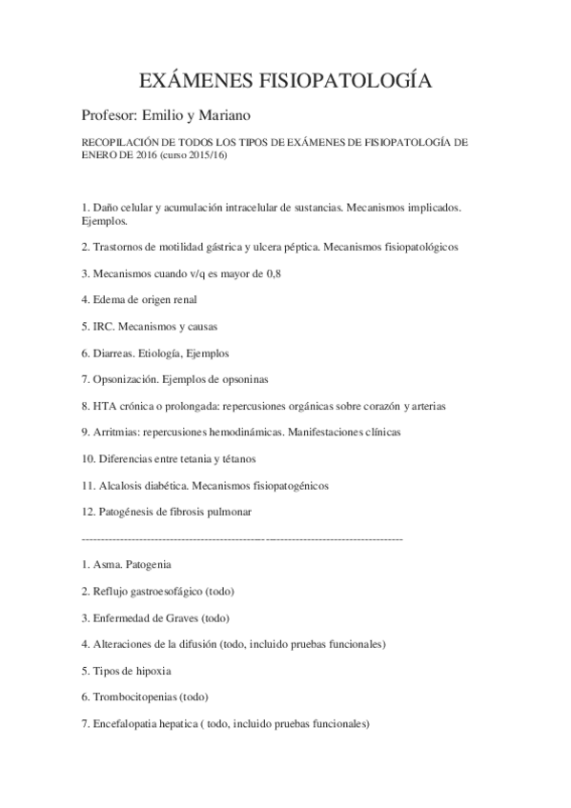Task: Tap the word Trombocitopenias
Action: coord(134,697)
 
